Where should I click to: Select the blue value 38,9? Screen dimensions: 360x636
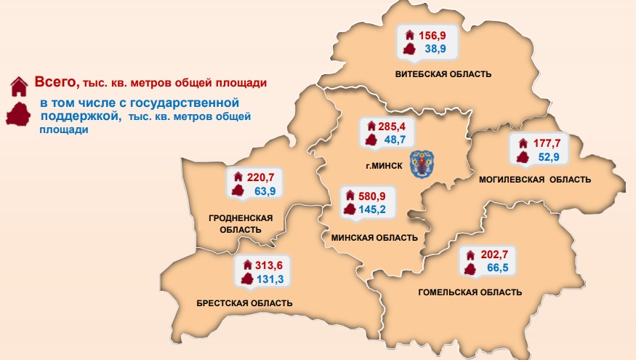pyautogui.click(x=435, y=49)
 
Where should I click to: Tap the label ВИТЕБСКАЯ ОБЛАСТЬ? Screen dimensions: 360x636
pyautogui.click(x=443, y=74)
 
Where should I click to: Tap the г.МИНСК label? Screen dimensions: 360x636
pyautogui.click(x=384, y=166)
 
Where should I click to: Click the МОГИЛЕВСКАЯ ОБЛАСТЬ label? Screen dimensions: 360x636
pyautogui.click(x=535, y=180)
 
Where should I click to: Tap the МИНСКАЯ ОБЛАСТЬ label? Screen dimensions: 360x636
pyautogui.click(x=374, y=238)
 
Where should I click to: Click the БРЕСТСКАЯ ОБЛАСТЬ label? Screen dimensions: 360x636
pyautogui.click(x=244, y=303)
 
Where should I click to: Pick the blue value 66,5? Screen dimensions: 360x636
pyautogui.click(x=497, y=270)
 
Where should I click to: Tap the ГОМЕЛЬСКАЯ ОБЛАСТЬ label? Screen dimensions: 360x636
pyautogui.click(x=470, y=292)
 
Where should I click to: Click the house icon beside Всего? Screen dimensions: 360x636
pyautogui.click(x=18, y=85)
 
